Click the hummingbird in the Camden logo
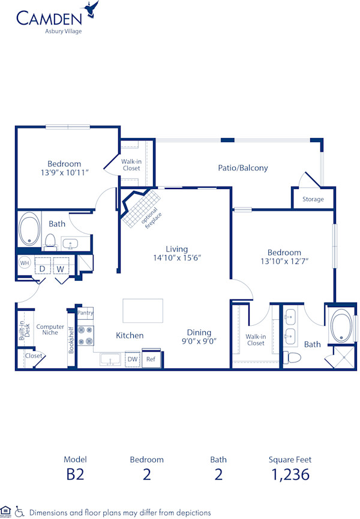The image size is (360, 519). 92,8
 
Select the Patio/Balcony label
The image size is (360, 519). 242,168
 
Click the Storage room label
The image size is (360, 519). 313,199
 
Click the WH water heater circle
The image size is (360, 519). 25,263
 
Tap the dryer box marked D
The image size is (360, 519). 43,268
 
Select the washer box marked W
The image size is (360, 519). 61,268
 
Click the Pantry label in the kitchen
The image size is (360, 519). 85,312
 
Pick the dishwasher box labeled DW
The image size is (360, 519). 132,359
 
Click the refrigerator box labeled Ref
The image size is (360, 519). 151,359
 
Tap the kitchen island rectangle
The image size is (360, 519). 143,310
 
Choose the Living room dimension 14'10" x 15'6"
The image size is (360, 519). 176,258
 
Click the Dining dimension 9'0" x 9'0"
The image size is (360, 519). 198,341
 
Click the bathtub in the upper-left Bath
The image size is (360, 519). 29,229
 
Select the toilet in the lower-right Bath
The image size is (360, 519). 294,358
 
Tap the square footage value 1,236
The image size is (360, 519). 290,474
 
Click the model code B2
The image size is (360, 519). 75,474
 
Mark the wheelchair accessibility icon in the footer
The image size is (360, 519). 19,511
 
